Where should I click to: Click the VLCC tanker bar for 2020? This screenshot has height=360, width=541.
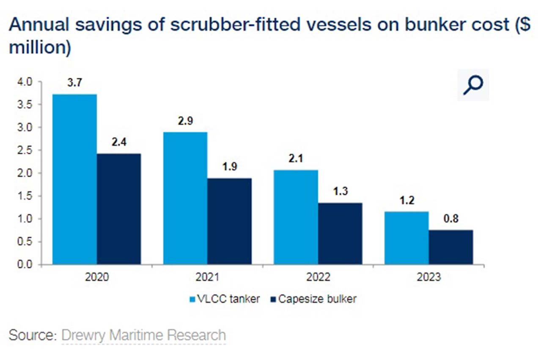(74, 179)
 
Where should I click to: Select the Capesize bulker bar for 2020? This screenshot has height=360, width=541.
(119, 209)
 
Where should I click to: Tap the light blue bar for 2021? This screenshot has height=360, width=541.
(185, 198)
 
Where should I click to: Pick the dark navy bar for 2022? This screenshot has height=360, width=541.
(340, 234)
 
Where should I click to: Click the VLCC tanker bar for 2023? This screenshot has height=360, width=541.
(407, 238)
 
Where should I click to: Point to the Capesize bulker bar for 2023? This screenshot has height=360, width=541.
(451, 247)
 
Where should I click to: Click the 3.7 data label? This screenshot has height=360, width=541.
(74, 82)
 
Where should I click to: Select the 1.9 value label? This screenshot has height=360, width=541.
(230, 167)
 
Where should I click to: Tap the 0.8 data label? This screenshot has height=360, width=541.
(451, 218)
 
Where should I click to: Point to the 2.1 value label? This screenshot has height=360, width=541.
(296, 159)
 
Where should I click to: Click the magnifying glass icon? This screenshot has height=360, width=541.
(472, 85)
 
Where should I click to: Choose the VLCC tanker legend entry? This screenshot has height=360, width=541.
(224, 299)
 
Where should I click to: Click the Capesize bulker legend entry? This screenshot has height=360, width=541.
(313, 299)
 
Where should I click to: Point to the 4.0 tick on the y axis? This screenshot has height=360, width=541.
(25, 82)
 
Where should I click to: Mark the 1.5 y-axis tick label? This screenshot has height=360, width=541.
(25, 196)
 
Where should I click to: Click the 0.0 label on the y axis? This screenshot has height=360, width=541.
(25, 264)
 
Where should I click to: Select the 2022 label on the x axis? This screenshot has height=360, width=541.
(318, 277)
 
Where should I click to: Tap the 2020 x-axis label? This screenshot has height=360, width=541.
(97, 277)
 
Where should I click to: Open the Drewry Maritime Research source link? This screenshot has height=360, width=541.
(144, 335)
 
